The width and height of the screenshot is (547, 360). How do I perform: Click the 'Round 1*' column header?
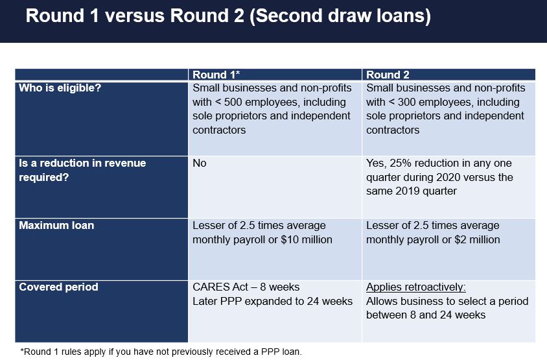(216, 75)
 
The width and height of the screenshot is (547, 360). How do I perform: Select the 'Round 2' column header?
(388, 75)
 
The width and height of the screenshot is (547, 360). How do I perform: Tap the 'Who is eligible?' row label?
(60, 88)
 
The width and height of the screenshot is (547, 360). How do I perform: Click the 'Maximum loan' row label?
(56, 226)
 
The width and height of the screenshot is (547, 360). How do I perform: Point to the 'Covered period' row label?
(58, 287)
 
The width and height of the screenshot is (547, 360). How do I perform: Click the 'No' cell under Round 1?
(200, 163)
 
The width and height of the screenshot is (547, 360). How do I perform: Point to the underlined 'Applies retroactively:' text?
(416, 287)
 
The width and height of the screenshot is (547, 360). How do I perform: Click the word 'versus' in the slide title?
(134, 16)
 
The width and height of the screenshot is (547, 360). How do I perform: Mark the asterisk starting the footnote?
(22, 350)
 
